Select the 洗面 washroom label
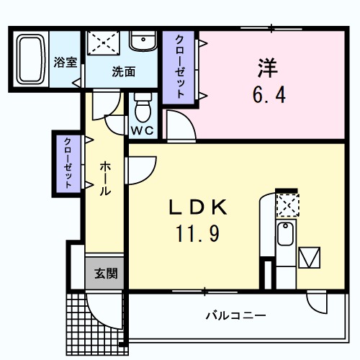coord(123,72)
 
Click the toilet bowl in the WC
coord(142,110)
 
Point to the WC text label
coord(141,130)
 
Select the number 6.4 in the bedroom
coord(267,94)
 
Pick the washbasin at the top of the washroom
coord(143,40)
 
